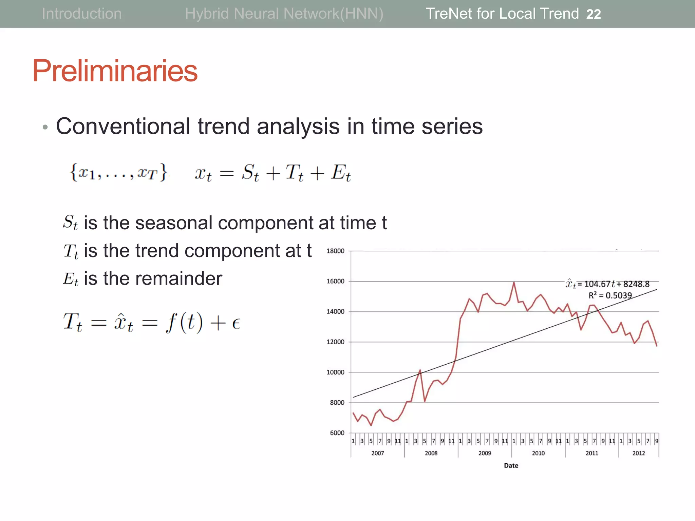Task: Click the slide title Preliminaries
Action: [115, 71]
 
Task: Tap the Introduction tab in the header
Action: [81, 14]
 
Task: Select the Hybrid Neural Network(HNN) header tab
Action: [284, 14]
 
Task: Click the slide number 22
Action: [593, 14]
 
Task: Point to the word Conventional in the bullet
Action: [123, 126]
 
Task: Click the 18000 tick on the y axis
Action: [335, 251]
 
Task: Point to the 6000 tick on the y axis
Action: [337, 433]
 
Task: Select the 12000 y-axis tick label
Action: [335, 342]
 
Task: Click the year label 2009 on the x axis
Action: [485, 453]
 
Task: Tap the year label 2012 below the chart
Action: [638, 453]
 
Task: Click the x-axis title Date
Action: [511, 466]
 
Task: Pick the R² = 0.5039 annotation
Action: [610, 295]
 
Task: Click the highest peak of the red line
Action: [514, 282]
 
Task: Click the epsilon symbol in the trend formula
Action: [236, 323]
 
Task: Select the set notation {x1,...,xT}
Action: [118, 172]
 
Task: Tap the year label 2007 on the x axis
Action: [377, 453]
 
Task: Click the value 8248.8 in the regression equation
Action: [636, 284]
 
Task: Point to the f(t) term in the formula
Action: [184, 322]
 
